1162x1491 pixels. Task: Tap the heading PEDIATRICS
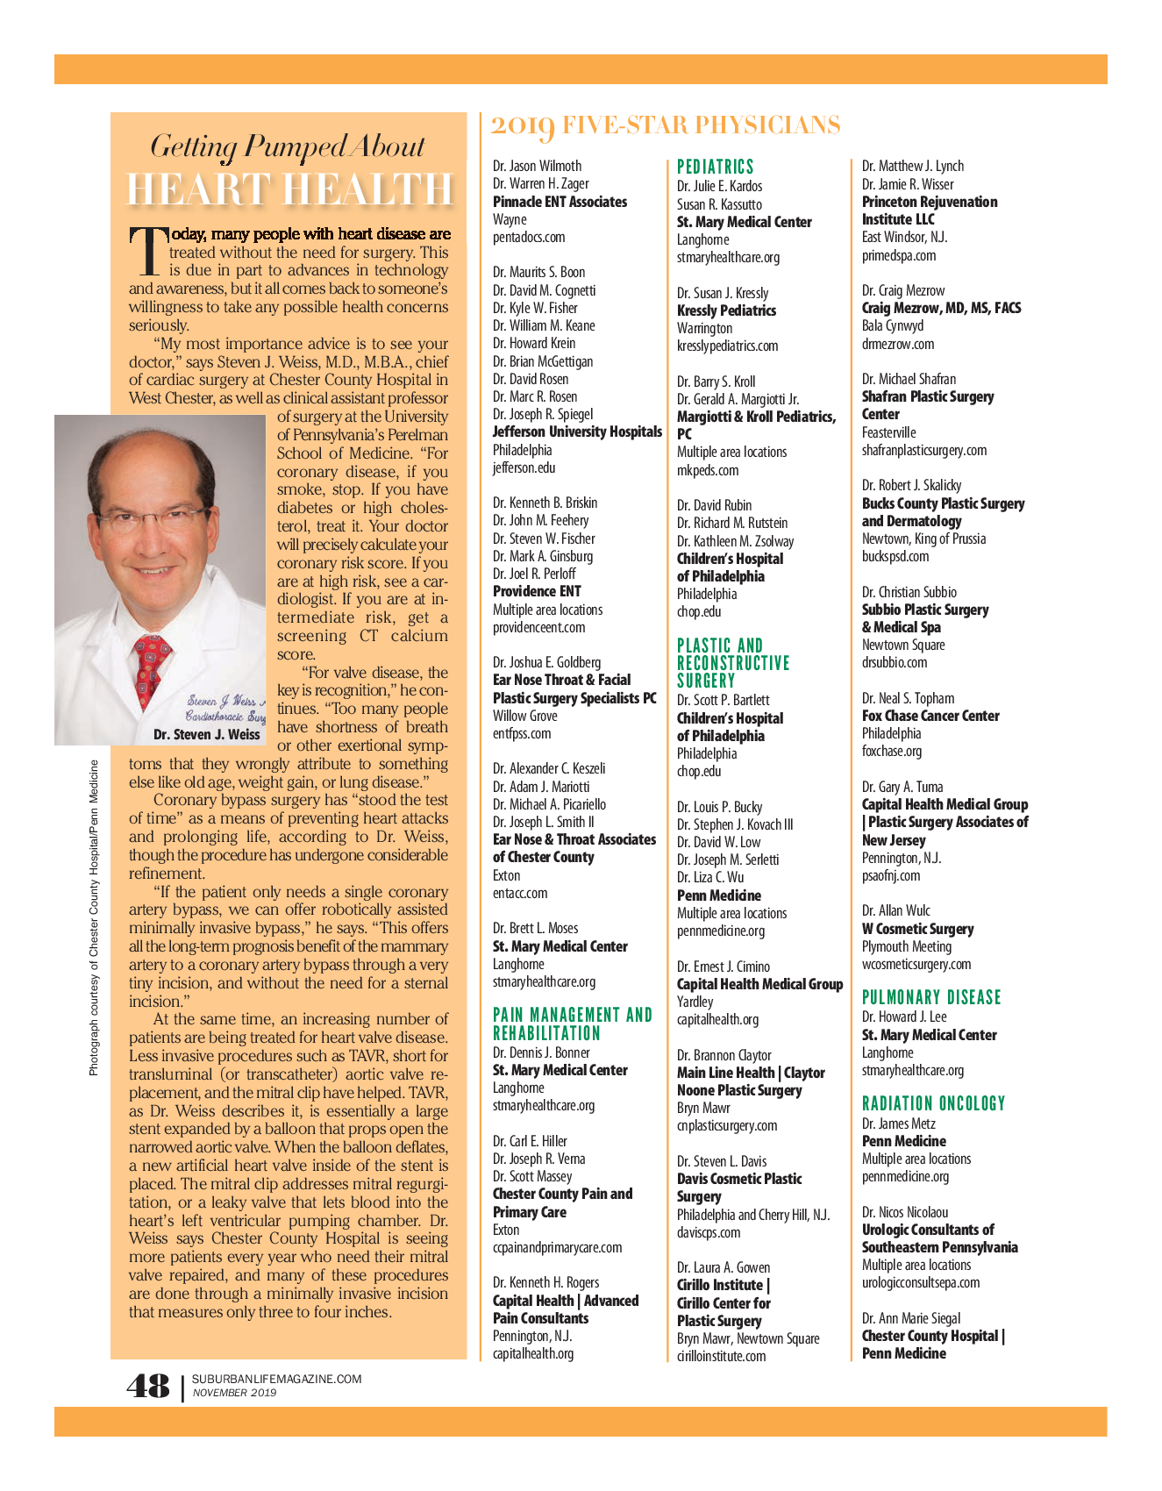[715, 167]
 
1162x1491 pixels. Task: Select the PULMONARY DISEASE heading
[930, 997]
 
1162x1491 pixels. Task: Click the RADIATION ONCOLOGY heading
[933, 1103]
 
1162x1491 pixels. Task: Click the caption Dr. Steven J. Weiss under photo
[206, 734]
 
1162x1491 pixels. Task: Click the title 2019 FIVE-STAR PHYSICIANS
[665, 125]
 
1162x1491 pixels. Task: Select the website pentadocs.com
[529, 237]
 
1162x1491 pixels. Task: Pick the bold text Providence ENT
[537, 591]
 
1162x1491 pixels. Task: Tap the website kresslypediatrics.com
[727, 346]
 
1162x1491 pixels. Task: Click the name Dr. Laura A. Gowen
[724, 1267]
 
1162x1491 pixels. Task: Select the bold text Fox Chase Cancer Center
[930, 716]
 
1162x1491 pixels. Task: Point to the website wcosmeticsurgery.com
[916, 964]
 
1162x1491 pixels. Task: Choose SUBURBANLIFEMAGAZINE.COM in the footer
[276, 1379]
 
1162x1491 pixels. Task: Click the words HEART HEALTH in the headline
[289, 189]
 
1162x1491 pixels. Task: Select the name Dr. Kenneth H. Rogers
[545, 1282]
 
